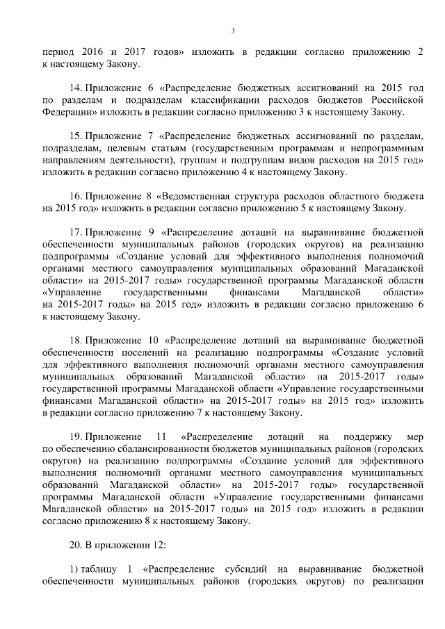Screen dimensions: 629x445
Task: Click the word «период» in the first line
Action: pos(58,52)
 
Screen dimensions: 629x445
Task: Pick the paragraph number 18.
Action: pos(76,341)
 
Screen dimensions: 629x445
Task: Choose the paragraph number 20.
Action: pos(76,541)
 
